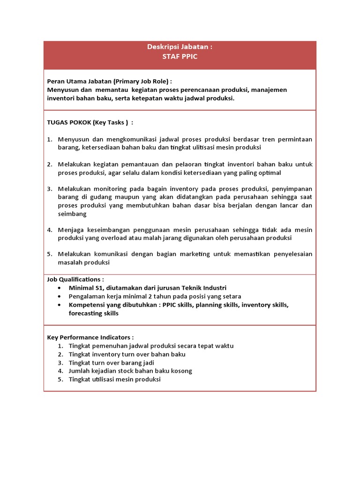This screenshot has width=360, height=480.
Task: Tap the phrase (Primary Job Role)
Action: (142, 81)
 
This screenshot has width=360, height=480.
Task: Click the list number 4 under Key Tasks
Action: (49, 230)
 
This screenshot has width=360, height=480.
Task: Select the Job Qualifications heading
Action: (75, 279)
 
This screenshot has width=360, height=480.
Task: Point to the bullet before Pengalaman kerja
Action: (59, 297)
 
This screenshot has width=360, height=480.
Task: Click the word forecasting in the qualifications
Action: (85, 313)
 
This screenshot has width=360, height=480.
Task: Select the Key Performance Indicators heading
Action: (90, 337)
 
